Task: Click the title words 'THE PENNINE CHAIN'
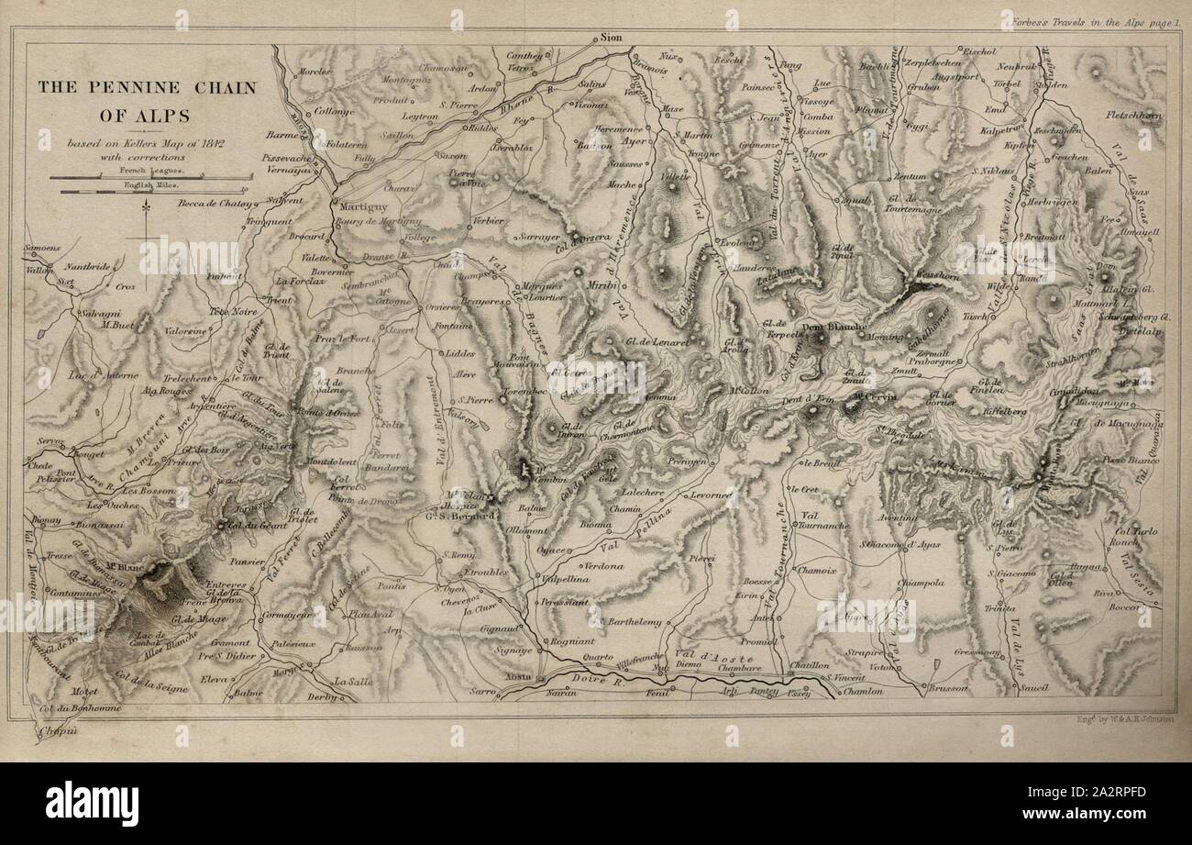pos(147,87)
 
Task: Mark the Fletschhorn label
pos(1133,116)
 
